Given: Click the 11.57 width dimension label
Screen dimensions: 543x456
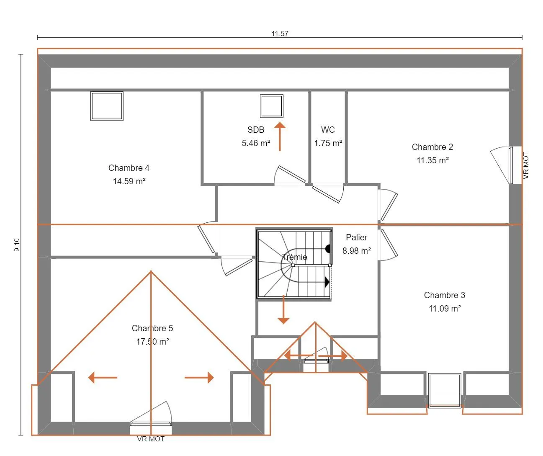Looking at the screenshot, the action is pyautogui.click(x=280, y=33).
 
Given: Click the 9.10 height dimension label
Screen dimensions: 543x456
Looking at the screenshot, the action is pyautogui.click(x=17, y=245).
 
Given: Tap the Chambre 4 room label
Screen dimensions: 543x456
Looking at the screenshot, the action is pyautogui.click(x=129, y=168).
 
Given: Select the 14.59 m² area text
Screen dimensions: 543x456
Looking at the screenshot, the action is pyautogui.click(x=129, y=181).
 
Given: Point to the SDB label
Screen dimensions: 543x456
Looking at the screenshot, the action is pyautogui.click(x=256, y=129).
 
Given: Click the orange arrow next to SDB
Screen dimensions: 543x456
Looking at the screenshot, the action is pyautogui.click(x=280, y=137).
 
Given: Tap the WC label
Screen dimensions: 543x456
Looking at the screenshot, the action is pyautogui.click(x=328, y=129).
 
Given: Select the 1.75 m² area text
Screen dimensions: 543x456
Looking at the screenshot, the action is pyautogui.click(x=328, y=143).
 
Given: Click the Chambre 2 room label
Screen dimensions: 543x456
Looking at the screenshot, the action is pyautogui.click(x=432, y=147).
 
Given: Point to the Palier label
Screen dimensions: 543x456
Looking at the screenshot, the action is pyautogui.click(x=356, y=237).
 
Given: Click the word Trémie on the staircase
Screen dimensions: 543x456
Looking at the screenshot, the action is pyautogui.click(x=294, y=257).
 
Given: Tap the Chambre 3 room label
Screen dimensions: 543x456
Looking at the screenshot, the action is pyautogui.click(x=445, y=295).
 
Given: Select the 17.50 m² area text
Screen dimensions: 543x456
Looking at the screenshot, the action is pyautogui.click(x=153, y=341).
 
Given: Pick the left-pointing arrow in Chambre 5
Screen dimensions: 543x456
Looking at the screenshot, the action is pyautogui.click(x=103, y=377).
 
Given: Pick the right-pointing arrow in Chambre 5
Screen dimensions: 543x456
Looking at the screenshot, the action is pyautogui.click(x=199, y=377).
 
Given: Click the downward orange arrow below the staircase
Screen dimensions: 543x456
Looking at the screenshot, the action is pyautogui.click(x=283, y=309).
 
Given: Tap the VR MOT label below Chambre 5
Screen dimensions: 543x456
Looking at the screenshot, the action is pyautogui.click(x=151, y=439).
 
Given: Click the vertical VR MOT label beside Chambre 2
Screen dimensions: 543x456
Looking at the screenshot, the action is pyautogui.click(x=526, y=165).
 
